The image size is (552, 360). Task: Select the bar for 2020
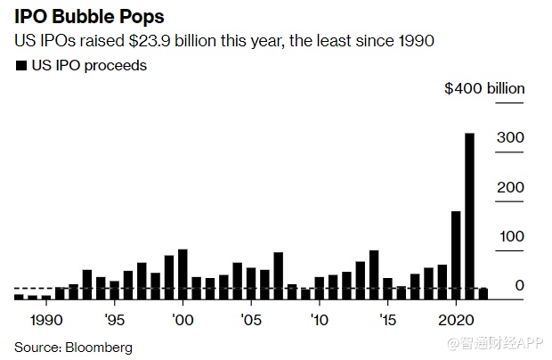coord(456,255)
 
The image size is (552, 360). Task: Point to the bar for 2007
coord(278,275)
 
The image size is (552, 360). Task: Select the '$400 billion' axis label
coord(484,88)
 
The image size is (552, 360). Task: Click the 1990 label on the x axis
coord(45,319)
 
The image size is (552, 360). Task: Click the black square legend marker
coord(20,65)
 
